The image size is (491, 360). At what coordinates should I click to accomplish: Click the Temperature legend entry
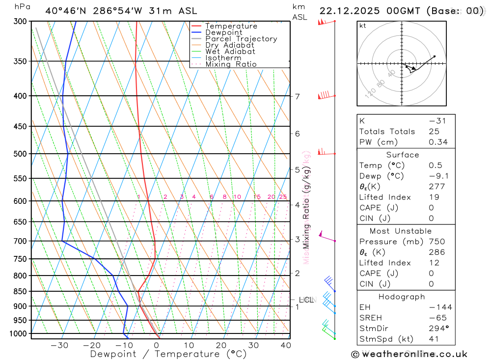231,26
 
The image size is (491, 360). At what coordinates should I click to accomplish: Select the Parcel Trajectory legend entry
241,39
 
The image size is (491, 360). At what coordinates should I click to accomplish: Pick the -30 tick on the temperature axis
59,345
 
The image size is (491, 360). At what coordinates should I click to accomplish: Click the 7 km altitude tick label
298,96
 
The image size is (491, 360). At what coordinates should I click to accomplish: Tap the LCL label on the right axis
306,300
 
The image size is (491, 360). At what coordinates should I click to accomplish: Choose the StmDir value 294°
437,329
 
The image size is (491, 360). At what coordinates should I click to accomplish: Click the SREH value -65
435,318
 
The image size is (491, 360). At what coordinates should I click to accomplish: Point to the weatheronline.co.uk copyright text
409,354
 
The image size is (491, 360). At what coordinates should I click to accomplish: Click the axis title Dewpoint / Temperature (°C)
168,354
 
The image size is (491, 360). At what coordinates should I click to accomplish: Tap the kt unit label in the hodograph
363,26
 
